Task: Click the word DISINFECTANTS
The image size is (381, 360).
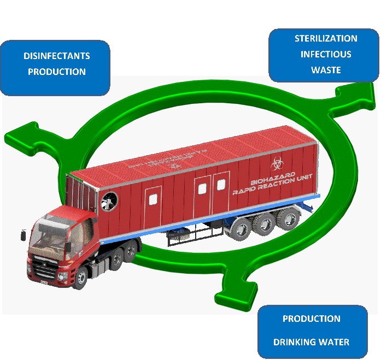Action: tap(57, 56)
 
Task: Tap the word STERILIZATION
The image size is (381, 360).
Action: tap(326, 39)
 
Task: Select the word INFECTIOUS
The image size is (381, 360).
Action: tap(326, 54)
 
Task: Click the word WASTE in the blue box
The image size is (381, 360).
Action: tap(326, 70)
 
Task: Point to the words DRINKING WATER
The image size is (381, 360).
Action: tap(311, 343)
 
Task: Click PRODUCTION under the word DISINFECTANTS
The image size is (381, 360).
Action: tap(57, 72)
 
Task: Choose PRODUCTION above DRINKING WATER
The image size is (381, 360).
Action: tap(311, 318)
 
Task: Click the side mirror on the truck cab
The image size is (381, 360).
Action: tap(23, 235)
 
